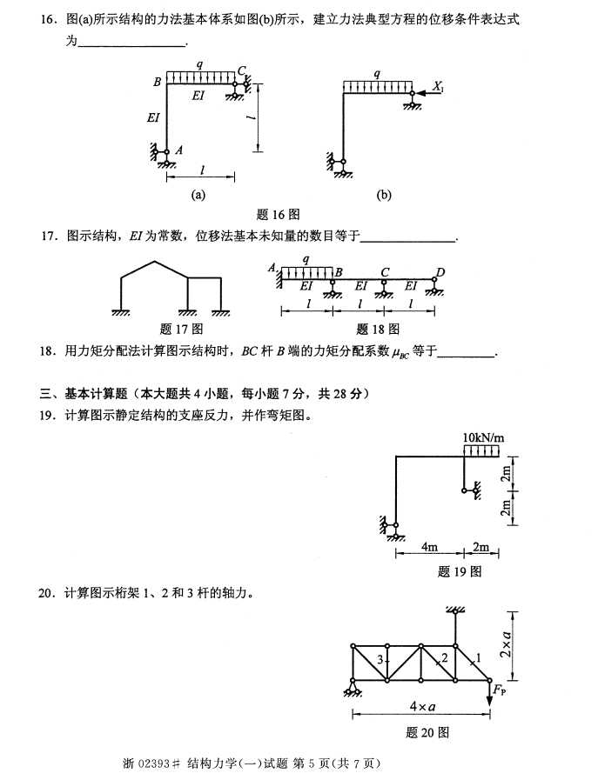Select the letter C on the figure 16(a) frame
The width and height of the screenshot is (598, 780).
click(242, 70)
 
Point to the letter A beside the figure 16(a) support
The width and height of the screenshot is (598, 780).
click(179, 150)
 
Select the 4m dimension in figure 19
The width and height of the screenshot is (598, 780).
click(428, 547)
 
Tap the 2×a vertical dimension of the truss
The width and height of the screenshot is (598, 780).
click(529, 643)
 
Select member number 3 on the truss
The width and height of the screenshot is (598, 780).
click(380, 661)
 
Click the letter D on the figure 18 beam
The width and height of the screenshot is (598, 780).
click(440, 272)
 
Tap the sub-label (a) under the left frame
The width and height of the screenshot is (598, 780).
click(198, 195)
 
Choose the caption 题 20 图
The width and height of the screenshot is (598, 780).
click(427, 732)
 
